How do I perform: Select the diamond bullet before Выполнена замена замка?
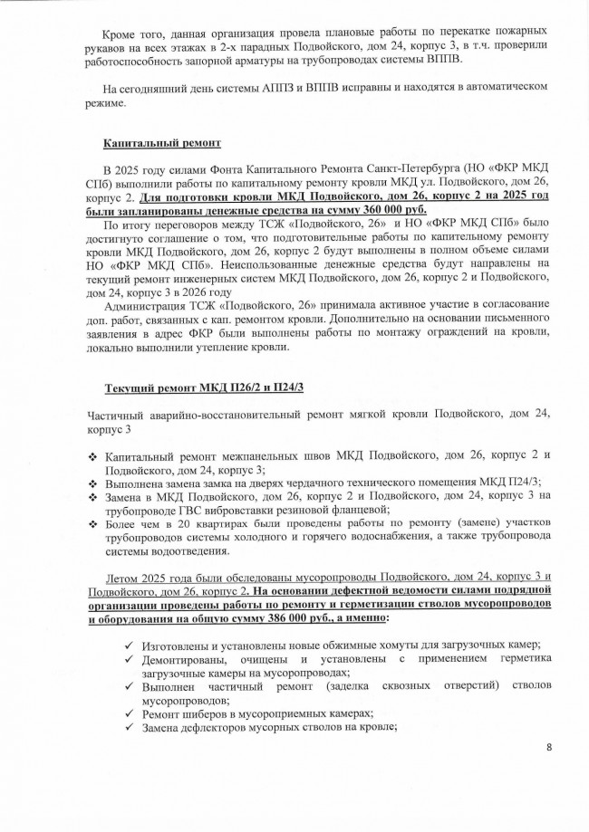(92, 482)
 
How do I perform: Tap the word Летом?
(124, 577)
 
